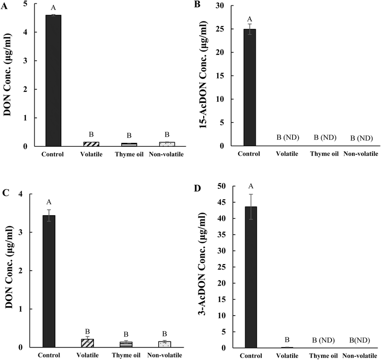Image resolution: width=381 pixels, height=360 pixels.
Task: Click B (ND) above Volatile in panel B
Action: tap(290, 137)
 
